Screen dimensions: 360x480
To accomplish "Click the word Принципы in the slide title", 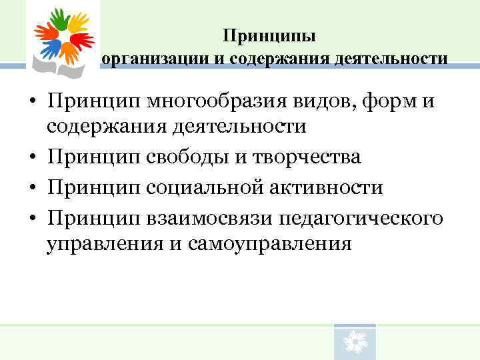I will coord(269,35).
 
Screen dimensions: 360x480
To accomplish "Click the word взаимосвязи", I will coord(211,217).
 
